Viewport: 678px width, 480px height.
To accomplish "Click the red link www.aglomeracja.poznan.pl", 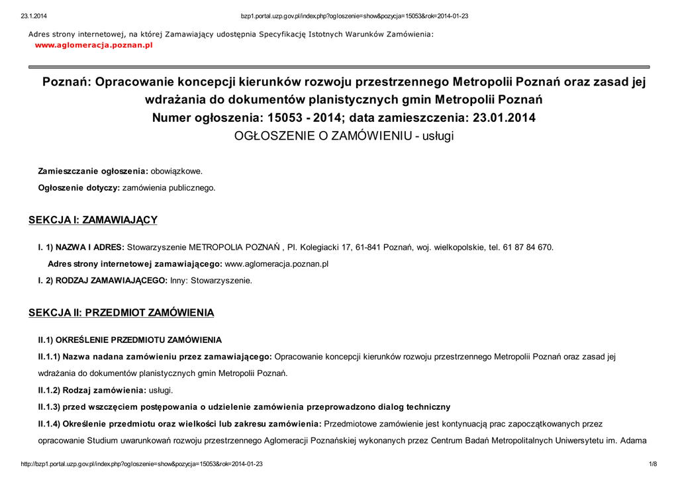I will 93,45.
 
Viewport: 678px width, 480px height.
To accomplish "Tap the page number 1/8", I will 653,464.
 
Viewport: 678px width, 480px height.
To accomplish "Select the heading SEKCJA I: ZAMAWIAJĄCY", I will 92,220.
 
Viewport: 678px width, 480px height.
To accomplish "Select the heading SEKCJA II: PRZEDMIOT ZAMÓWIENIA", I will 121,312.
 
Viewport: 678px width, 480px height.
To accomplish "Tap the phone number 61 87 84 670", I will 527,247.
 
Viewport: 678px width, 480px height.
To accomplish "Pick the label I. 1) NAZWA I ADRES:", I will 81,247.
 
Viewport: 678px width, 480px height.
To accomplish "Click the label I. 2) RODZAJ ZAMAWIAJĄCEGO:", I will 103,280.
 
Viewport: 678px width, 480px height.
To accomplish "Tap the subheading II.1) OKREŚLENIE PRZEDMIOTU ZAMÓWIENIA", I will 130,340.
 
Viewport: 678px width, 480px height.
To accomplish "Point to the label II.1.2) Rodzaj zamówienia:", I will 92,390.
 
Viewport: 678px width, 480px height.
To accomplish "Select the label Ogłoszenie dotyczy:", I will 79,187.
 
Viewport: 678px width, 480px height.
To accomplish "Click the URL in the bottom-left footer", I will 142,464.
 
